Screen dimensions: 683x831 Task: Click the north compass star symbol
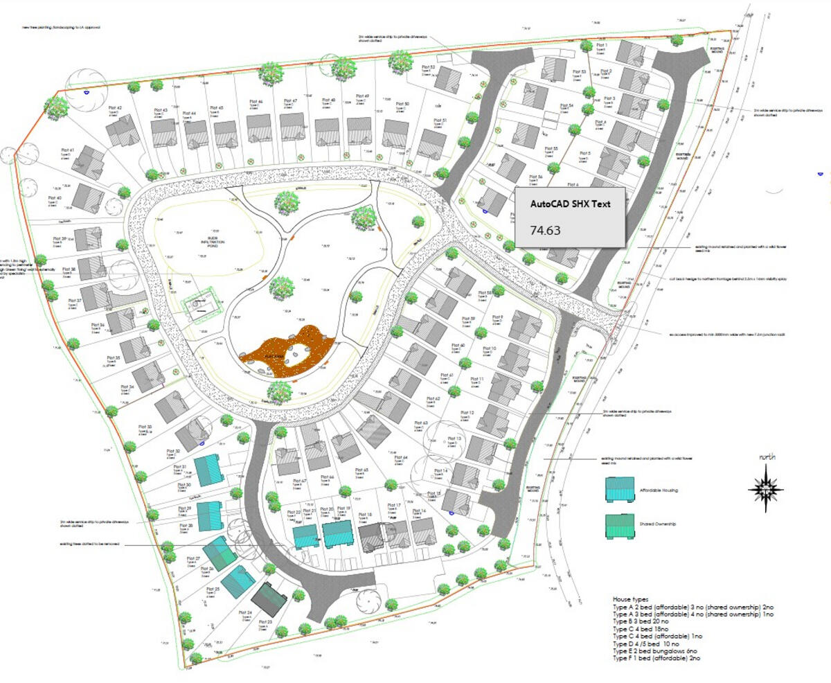[x=766, y=489]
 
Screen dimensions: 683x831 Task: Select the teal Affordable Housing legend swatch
[x=620, y=489]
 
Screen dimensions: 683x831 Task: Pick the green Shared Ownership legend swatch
[x=620, y=526]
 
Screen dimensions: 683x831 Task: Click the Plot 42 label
[x=114, y=108]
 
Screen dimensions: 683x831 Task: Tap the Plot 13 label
[x=454, y=439]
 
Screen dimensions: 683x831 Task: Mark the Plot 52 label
[x=427, y=67]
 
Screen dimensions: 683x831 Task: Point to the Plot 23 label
[x=265, y=622]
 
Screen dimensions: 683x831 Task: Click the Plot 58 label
[x=485, y=292]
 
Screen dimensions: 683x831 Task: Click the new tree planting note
[x=61, y=28]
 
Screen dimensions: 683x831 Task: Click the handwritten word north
[x=767, y=457]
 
